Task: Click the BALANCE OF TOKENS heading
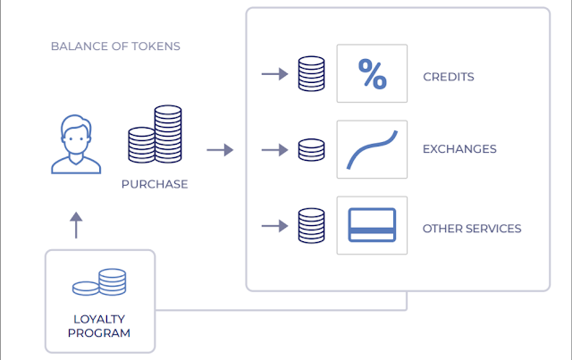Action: [x=115, y=46]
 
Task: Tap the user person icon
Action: [x=76, y=145]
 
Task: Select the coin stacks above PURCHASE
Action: [x=155, y=134]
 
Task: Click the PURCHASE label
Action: [x=155, y=184]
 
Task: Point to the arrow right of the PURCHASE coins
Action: [x=220, y=150]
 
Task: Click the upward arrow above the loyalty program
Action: [x=76, y=225]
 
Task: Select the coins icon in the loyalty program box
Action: [x=99, y=282]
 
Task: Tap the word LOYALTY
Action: [x=99, y=319]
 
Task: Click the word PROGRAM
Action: [x=99, y=333]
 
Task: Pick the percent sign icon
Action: [x=373, y=74]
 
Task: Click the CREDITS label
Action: [x=449, y=77]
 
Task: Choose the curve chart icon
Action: [x=372, y=149]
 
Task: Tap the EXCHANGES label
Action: [x=459, y=149]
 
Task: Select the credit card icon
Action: [x=372, y=225]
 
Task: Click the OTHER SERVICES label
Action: [x=472, y=229]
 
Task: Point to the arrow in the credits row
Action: [x=274, y=74]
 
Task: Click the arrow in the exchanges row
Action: [x=274, y=150]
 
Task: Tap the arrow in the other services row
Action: [x=274, y=226]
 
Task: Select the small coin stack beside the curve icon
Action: [x=312, y=150]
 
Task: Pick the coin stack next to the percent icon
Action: [x=312, y=73]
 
